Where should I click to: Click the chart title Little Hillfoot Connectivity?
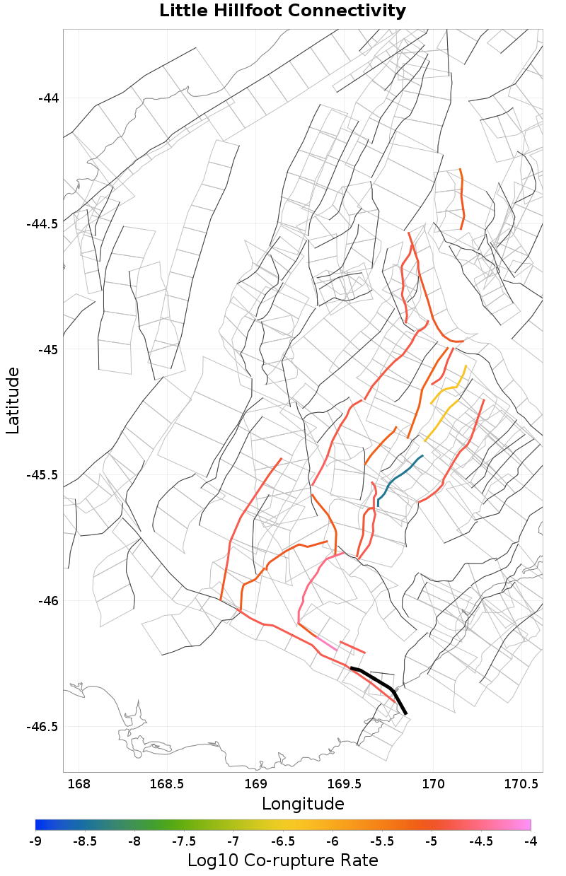click(x=282, y=11)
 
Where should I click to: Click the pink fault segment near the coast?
click(x=326, y=643)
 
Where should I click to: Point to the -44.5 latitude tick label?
click(x=42, y=224)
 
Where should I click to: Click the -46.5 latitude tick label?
click(x=42, y=727)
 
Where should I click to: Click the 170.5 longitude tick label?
click(x=521, y=784)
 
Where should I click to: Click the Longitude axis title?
click(x=303, y=804)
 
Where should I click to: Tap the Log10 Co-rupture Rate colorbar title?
click(x=282, y=860)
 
